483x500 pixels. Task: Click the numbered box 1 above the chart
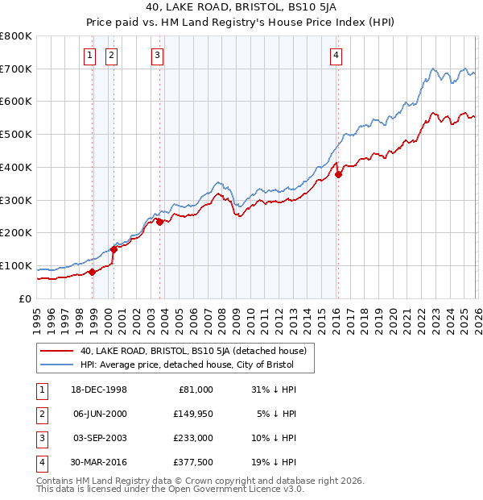pos(89,56)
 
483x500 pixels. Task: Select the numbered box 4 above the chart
pos(335,56)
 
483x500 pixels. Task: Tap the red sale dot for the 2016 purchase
pos(338,174)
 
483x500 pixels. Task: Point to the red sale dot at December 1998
pos(93,272)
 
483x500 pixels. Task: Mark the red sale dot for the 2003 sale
pos(159,222)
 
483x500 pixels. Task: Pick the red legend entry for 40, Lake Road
pos(193,352)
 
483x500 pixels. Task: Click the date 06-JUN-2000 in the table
pos(100,414)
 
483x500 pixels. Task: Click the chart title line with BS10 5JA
pos(242,9)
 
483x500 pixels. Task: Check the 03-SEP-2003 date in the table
pos(100,438)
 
